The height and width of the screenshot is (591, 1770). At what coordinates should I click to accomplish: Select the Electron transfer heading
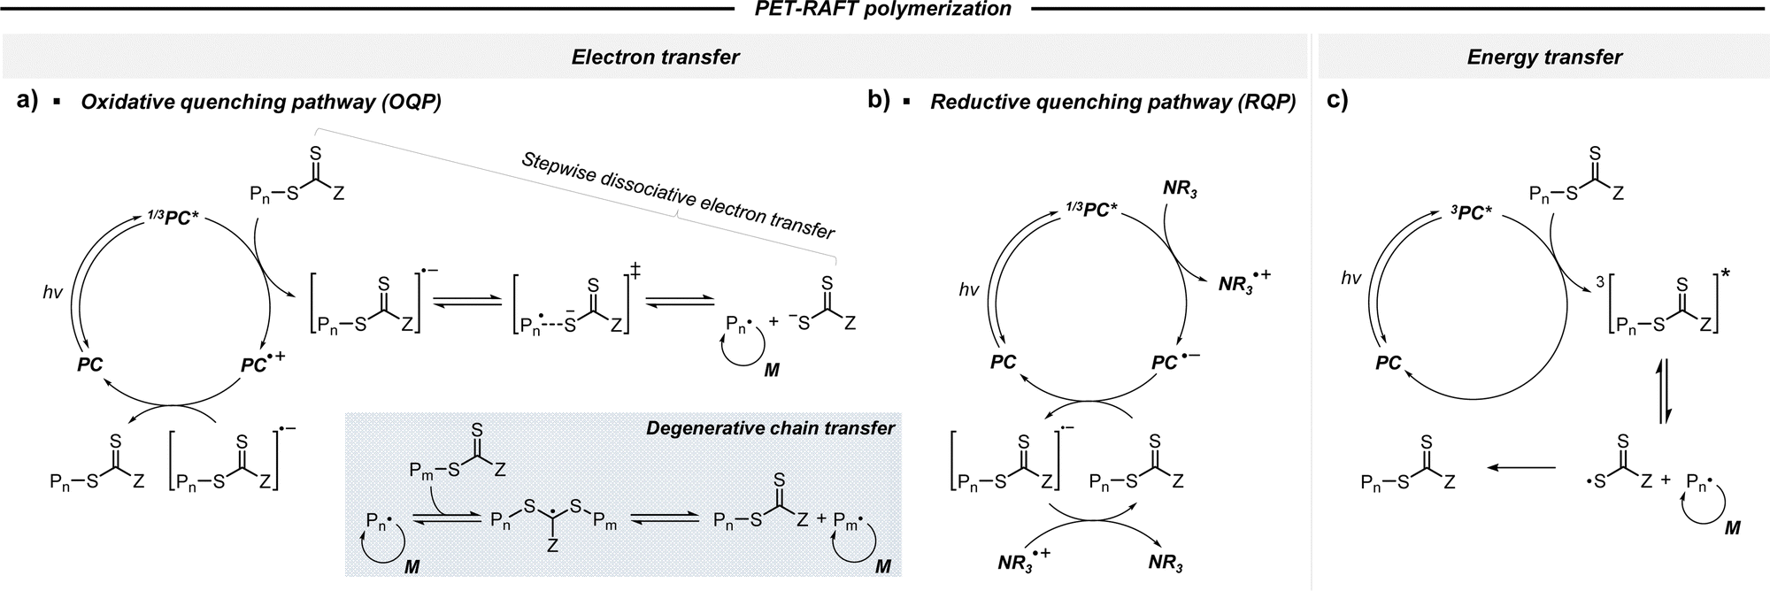coord(655,58)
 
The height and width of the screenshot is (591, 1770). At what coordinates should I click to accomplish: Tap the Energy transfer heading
coord(1544,58)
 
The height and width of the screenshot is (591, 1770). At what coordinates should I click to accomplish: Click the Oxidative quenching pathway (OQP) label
coord(261,102)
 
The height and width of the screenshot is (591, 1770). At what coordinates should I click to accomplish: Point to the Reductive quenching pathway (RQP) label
coord(1112,102)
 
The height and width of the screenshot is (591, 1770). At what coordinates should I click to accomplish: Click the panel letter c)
coord(1337,101)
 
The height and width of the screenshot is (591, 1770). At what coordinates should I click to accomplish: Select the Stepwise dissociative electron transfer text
coord(678,196)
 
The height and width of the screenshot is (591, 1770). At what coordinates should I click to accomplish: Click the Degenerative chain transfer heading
coord(770,428)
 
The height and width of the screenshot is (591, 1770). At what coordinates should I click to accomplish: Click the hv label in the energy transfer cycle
coord(1351,278)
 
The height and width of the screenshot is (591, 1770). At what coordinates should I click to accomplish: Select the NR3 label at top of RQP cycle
coord(1181,189)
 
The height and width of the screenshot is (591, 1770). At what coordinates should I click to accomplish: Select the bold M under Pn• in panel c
coord(1732,528)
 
